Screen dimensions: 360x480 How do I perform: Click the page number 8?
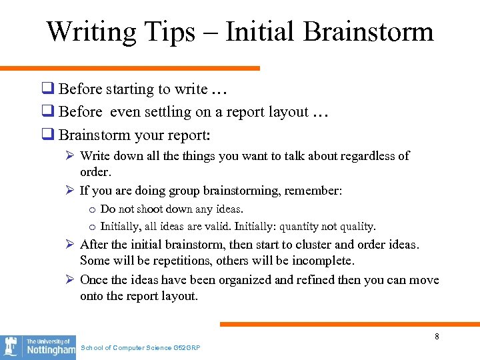click(x=437, y=337)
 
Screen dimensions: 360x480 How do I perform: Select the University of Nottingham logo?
click(x=38, y=347)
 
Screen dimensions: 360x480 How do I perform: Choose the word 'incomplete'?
click(x=323, y=261)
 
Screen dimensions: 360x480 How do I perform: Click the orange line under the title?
click(x=130, y=68)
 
